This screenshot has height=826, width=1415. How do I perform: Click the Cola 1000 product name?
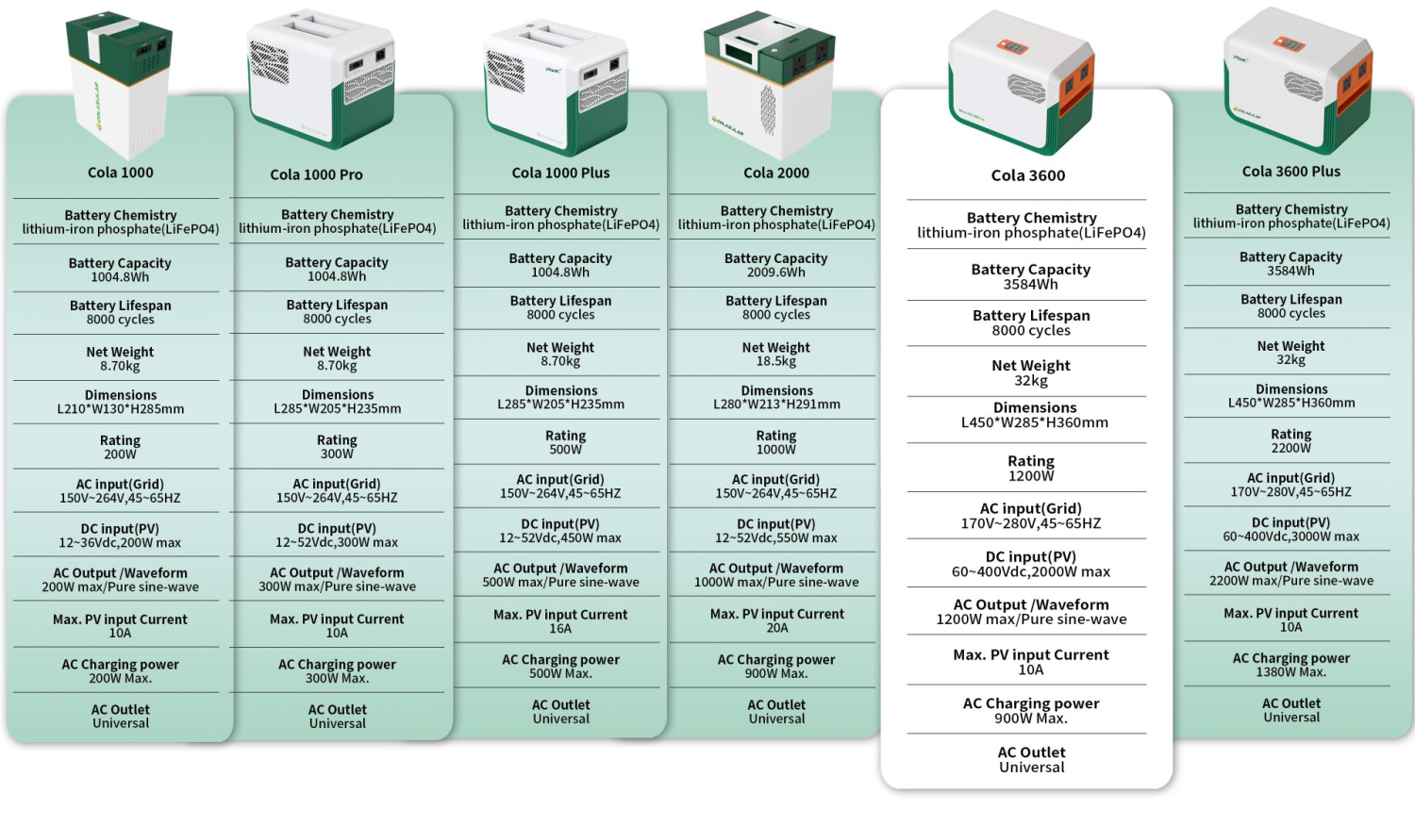120,173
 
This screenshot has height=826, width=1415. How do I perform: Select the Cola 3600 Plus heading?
1290,172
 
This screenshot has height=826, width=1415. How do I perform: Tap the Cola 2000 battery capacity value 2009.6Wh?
775,273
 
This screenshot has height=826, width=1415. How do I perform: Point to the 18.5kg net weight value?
775,361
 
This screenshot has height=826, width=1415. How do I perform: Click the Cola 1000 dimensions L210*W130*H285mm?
120,409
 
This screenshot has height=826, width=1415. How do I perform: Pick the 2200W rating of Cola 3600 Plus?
1290,448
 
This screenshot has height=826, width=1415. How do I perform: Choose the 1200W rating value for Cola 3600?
1030,476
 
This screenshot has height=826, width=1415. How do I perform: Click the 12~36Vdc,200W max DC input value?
120,543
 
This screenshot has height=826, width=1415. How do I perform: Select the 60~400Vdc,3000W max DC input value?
1290,537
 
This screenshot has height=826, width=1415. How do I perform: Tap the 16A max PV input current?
560,628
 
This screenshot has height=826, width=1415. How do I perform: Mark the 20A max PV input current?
776,628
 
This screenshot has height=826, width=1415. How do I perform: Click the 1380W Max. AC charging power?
1290,672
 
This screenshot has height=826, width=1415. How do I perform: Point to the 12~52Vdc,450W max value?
560,538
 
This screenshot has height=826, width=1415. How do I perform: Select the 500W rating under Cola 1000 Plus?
565,450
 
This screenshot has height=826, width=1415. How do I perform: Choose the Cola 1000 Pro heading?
316,174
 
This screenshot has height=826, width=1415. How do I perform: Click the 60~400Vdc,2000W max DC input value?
1030,572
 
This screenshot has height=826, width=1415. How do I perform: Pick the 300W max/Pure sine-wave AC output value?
337,586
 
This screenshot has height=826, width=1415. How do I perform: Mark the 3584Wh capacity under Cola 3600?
1030,285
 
